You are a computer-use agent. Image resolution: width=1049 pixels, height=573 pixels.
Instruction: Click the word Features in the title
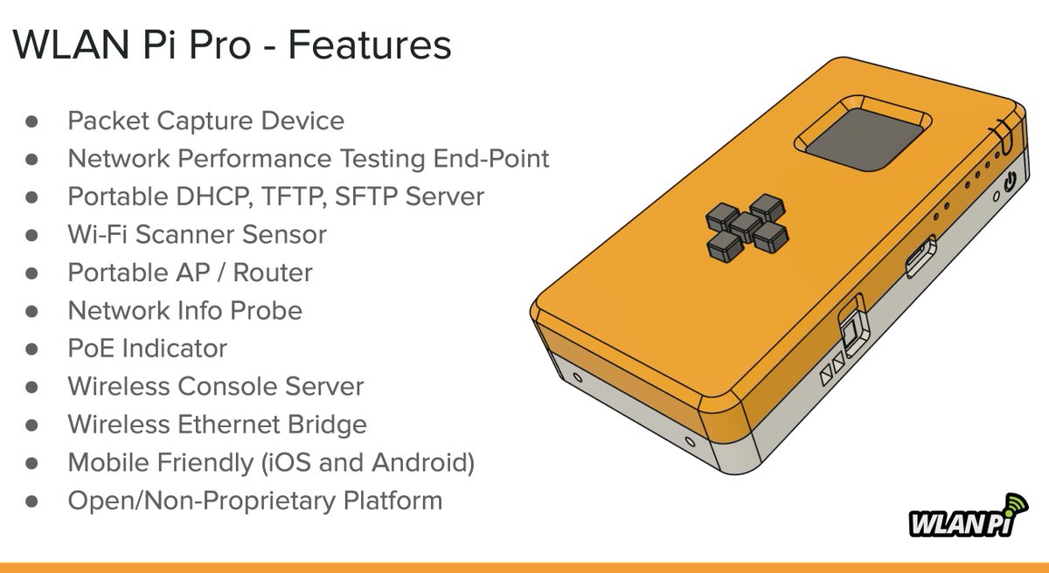[370, 45]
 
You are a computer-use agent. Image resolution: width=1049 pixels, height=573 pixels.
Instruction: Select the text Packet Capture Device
[205, 121]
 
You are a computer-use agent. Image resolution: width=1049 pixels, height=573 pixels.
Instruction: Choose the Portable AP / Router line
[190, 273]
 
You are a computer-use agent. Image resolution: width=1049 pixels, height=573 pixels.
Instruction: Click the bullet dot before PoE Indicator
[32, 349]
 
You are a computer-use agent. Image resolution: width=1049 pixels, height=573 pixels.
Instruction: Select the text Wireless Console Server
[215, 387]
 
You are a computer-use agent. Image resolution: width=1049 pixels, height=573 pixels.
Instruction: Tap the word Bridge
[326, 425]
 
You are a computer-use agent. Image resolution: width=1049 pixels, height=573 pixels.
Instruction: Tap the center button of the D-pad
[744, 225]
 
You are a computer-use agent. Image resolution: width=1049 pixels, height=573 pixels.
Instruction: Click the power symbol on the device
[1011, 183]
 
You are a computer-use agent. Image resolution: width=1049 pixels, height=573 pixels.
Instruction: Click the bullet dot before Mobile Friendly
[32, 463]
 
